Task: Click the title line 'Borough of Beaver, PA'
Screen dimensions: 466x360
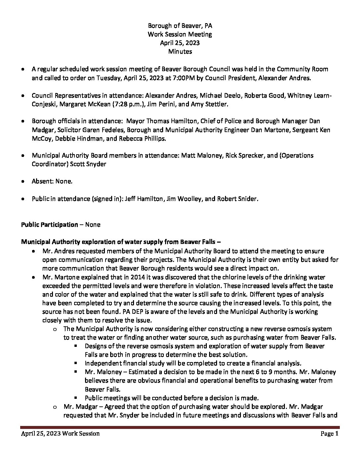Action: click(x=180, y=26)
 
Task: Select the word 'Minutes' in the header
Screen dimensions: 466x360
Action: click(x=180, y=52)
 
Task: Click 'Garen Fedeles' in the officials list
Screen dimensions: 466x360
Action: click(x=130, y=130)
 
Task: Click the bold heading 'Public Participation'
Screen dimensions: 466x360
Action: click(x=49, y=225)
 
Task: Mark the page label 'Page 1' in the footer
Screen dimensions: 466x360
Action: click(x=329, y=434)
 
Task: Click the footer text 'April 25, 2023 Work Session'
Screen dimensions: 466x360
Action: click(x=60, y=434)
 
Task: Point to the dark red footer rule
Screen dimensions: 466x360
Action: click(x=180, y=428)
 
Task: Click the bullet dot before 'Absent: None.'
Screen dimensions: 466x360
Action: click(x=23, y=182)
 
